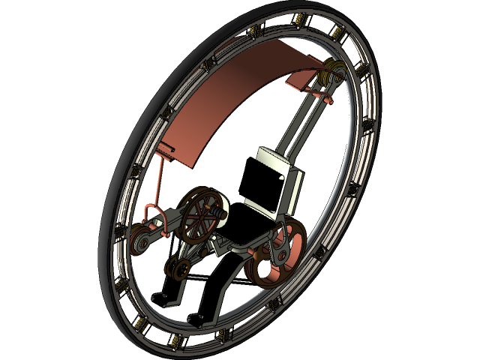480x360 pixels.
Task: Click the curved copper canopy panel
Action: click(225, 97)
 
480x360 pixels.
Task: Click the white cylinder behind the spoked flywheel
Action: click(219, 206)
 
